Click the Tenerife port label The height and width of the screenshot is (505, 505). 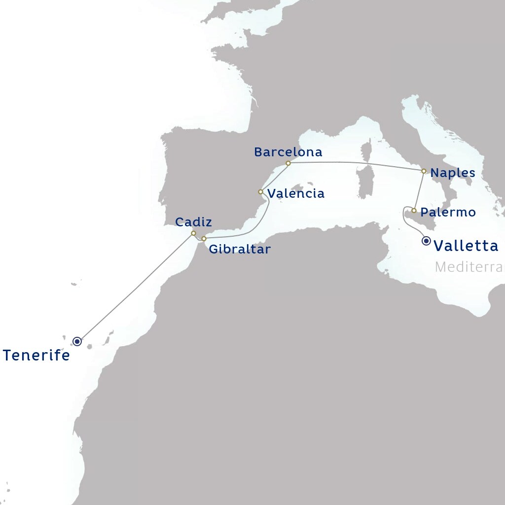pos(36,355)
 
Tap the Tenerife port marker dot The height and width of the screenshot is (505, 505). pos(77,341)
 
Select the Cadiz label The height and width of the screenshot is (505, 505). pos(194,222)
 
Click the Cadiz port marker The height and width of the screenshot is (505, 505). pos(194,233)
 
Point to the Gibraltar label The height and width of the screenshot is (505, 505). pos(240,249)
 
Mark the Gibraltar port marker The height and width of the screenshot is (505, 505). pos(204,239)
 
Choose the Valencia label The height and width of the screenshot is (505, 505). pos(296,193)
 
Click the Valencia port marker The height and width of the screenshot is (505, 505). pos(260,192)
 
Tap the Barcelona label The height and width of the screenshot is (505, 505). pos(288,152)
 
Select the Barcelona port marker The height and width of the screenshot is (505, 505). pos(288,163)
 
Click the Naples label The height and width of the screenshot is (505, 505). pos(453,173)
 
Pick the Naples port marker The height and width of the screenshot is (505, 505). pos(424,171)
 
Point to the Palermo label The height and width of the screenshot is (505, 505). pos(448,213)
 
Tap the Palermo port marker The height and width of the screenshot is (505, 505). pos(414,211)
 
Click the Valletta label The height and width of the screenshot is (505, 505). pos(466,246)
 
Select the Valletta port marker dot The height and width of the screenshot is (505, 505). pos(427,241)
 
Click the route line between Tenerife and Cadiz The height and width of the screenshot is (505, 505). pos(136,287)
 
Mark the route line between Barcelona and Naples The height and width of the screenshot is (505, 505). pos(355,163)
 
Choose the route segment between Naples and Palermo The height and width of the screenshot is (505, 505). pos(419,191)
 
